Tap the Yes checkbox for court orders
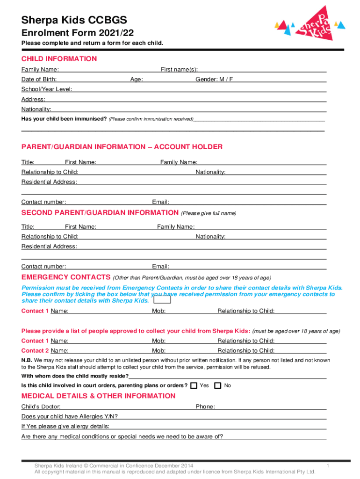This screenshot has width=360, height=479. pos(194,385)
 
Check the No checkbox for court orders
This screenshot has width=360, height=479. pos(217,385)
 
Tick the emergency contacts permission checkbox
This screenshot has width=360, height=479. pos(162,301)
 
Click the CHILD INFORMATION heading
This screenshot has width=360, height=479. pos(59,59)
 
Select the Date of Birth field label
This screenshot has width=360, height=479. pos(39,80)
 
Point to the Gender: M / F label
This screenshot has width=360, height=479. pos(214,80)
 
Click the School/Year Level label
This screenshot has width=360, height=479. pos(47,89)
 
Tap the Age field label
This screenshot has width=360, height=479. pos(137,80)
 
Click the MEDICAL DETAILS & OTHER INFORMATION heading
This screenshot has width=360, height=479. pos(99,396)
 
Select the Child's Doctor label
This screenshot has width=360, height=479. pos(41,407)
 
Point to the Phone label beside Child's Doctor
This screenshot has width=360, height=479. pos(205,407)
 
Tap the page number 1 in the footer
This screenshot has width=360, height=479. pos(329,466)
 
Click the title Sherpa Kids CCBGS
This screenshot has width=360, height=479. pos(74,20)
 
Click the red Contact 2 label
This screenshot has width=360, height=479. pos(35,351)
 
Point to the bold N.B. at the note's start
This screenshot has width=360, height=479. pos(27,360)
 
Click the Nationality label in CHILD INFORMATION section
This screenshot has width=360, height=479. pos(36,109)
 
